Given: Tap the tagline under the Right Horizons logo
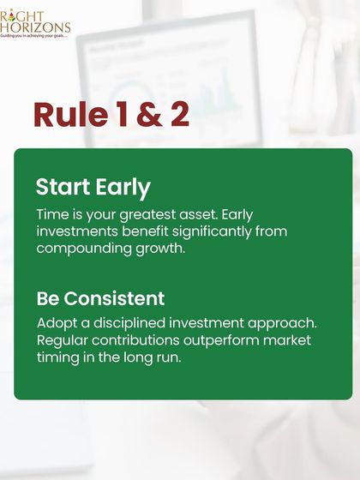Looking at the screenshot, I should click(x=35, y=37).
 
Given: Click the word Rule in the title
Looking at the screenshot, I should click(x=65, y=116).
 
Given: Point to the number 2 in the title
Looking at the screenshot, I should click(x=179, y=116).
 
